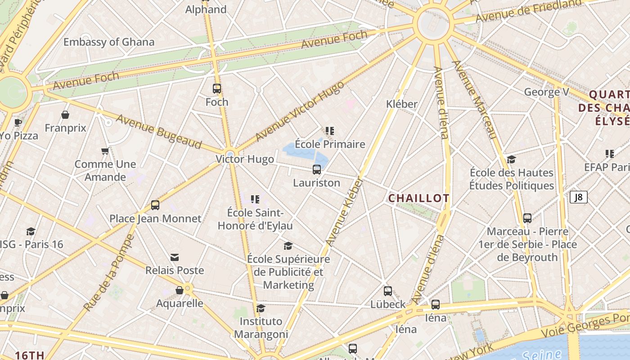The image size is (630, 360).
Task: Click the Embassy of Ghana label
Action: point(109,42)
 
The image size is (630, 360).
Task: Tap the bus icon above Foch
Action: point(217,89)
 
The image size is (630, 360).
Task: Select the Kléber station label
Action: point(402,104)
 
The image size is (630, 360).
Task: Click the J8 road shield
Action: point(579,197)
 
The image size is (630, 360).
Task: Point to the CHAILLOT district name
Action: point(418,198)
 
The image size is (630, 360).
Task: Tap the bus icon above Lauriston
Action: point(317,170)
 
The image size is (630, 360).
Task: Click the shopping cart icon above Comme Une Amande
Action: point(105,151)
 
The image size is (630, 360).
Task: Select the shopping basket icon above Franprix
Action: point(65,115)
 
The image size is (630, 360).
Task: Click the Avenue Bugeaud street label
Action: point(159,131)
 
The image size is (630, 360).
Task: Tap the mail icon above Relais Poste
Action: point(175,257)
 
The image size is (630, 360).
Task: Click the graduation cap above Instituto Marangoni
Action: point(261,308)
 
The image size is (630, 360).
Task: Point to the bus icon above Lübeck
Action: point(388,291)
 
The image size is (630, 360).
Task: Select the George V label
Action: point(547,92)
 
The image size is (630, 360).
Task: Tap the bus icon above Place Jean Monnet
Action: point(155,205)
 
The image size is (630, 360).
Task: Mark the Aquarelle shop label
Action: point(180,303)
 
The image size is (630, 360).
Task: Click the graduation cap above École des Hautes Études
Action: point(511,160)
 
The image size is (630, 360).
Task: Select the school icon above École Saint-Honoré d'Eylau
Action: point(255,199)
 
